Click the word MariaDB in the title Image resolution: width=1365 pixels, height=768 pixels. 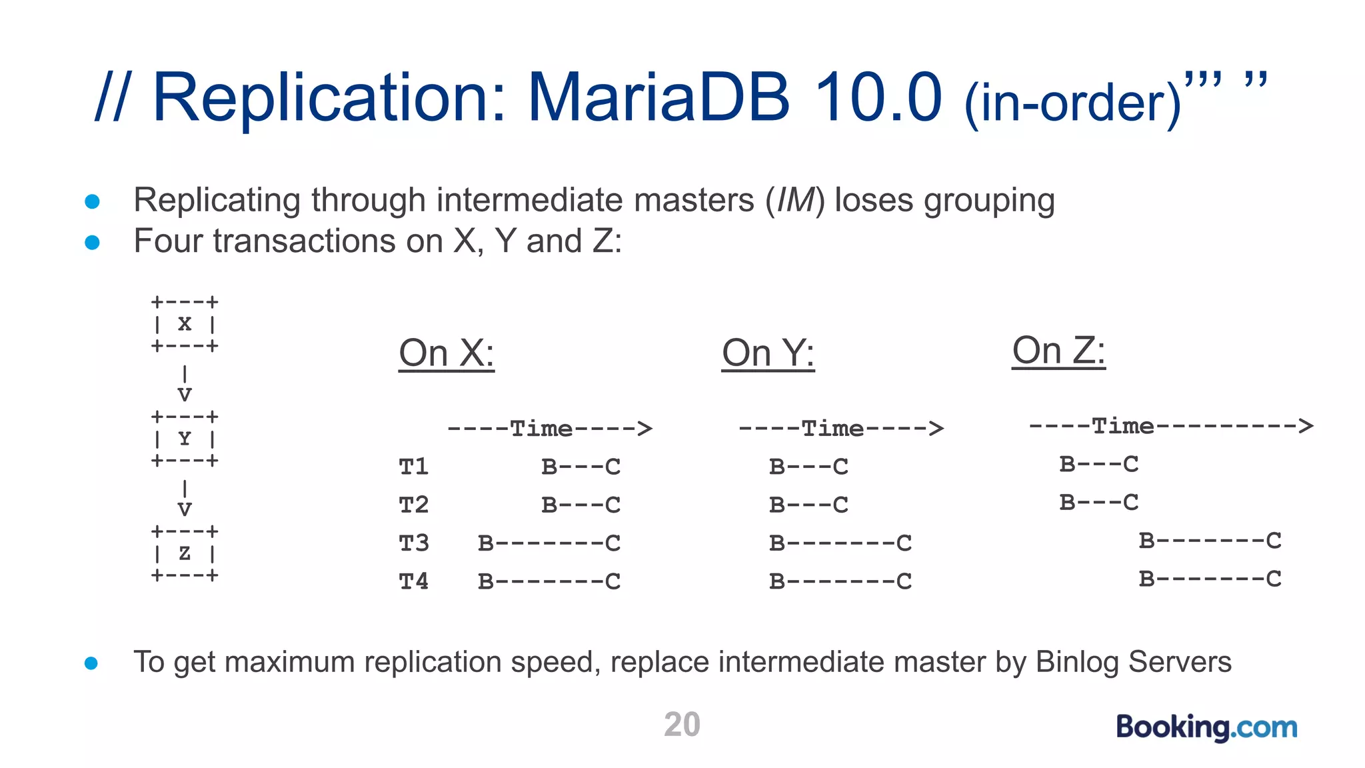click(x=658, y=98)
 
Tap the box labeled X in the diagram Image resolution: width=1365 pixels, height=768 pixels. click(x=185, y=324)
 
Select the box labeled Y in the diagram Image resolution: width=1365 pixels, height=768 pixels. click(x=185, y=439)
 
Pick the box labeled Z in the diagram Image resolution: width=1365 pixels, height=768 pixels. click(x=185, y=553)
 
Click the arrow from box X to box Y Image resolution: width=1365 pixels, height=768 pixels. click(x=185, y=383)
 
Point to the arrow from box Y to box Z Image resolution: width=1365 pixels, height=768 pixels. click(x=185, y=498)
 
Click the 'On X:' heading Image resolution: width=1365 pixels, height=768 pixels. click(x=447, y=353)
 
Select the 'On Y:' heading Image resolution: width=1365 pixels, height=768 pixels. click(x=768, y=353)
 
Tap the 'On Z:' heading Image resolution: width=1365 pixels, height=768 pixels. click(x=1058, y=350)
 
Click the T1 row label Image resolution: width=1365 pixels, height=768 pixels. click(x=414, y=467)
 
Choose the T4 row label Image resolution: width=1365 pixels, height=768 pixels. click(x=414, y=581)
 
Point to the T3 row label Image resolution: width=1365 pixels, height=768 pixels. click(x=414, y=543)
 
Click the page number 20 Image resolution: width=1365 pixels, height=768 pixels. click(x=682, y=725)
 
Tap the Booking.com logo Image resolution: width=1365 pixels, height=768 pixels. click(x=1206, y=727)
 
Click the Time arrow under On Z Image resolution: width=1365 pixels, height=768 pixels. click(x=1170, y=425)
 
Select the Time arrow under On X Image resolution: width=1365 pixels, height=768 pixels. click(x=549, y=428)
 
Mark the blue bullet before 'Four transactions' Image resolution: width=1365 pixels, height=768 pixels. click(x=93, y=243)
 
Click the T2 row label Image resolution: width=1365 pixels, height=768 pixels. click(x=414, y=505)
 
